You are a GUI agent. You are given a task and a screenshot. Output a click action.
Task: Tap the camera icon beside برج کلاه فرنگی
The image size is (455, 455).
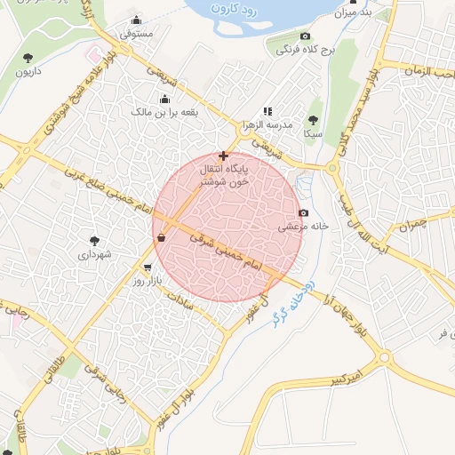306,36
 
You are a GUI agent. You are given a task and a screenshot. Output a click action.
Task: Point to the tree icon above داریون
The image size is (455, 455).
28,58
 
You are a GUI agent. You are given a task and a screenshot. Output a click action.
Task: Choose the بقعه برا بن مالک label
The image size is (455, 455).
164,113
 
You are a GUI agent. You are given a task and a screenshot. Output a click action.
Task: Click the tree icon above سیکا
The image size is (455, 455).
312,119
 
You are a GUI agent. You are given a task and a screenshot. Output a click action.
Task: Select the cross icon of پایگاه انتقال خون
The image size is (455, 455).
222,156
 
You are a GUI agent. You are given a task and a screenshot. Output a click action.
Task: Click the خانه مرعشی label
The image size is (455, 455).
305,227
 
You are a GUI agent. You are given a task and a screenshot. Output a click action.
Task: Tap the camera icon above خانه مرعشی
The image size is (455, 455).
304,213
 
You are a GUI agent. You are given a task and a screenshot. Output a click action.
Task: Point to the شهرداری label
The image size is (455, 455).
94,254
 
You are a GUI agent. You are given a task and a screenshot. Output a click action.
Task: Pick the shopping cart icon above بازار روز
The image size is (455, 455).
148,267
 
